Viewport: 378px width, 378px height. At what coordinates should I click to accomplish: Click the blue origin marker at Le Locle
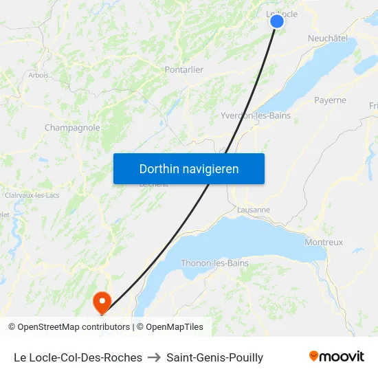point(277,21)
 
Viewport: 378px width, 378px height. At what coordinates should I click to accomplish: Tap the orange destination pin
point(102,301)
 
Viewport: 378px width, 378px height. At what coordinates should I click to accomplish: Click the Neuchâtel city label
point(328,38)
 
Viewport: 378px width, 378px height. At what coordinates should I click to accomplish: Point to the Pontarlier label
point(184,69)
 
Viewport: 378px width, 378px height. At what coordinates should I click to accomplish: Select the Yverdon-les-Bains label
point(255,115)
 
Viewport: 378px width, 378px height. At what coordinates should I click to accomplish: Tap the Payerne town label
point(330,100)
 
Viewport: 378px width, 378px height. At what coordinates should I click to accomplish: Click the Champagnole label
point(72,128)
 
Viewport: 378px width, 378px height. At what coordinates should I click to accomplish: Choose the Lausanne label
point(253,210)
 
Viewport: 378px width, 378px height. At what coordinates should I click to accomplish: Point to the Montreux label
point(324,243)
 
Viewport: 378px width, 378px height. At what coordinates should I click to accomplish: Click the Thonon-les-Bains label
point(214,263)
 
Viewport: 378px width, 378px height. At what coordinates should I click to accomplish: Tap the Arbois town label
point(38,76)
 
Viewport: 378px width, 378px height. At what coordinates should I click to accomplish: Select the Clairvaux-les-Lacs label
point(32,195)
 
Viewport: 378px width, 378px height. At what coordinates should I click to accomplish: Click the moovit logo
point(336,357)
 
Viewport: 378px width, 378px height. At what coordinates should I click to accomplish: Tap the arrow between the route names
point(154,357)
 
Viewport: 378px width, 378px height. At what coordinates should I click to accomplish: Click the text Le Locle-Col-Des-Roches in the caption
point(78,357)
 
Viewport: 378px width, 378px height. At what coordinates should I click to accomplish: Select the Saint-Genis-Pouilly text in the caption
point(214,357)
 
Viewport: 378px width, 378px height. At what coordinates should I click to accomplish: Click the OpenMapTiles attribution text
point(170,327)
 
